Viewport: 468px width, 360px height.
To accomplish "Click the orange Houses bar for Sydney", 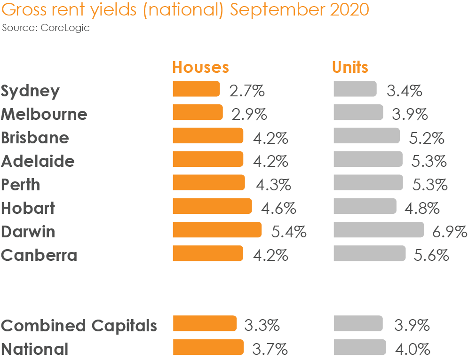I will point(196,89).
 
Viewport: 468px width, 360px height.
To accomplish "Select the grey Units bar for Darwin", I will point(379,230).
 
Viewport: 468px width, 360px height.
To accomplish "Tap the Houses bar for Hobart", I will point(212,206).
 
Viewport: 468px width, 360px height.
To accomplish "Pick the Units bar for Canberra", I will point(369,253).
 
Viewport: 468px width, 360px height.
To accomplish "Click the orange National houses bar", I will point(208,347).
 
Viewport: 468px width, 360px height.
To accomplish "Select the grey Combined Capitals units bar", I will point(358,324).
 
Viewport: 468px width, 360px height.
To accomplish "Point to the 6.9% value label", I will point(449,231).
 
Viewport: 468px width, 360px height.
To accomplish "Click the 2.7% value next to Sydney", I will point(247,90).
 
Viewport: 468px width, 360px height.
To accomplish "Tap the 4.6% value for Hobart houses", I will point(278,208).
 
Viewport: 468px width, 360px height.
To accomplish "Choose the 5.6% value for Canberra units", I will point(431,255).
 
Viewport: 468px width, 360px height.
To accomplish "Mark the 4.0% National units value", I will point(412,349).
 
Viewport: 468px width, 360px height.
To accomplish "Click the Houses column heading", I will point(200,67).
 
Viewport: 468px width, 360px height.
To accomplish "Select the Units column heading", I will point(350,67).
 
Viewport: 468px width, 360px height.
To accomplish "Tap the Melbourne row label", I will point(44,114).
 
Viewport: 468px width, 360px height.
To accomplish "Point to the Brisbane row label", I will point(35,138).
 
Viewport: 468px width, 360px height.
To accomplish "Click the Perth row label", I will point(20,185).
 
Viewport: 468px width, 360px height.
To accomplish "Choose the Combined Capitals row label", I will point(79,325).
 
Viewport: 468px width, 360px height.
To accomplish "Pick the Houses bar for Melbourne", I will point(198,112).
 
